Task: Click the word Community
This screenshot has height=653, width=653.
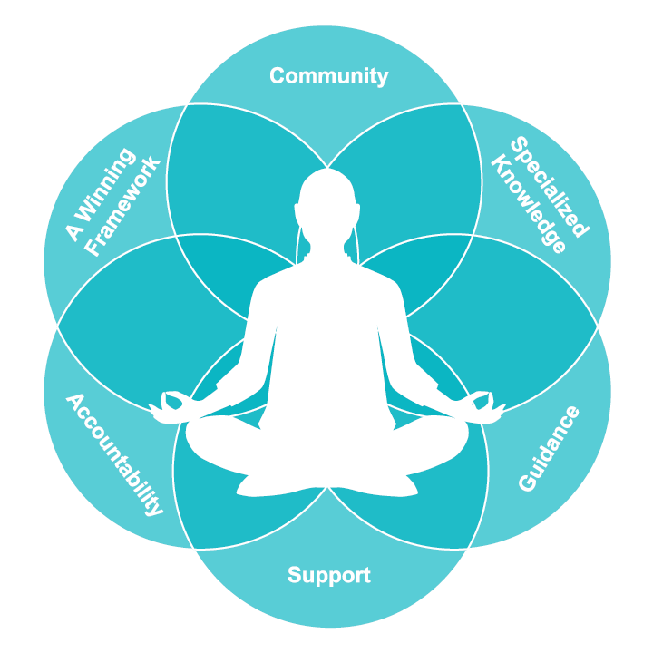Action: click(x=328, y=75)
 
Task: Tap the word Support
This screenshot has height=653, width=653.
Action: click(x=328, y=575)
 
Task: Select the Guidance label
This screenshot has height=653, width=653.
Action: click(x=549, y=449)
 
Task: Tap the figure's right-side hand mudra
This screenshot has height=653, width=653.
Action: click(x=484, y=404)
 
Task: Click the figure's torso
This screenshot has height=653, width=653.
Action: click(x=326, y=345)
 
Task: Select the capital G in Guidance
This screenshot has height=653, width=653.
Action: click(x=526, y=482)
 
